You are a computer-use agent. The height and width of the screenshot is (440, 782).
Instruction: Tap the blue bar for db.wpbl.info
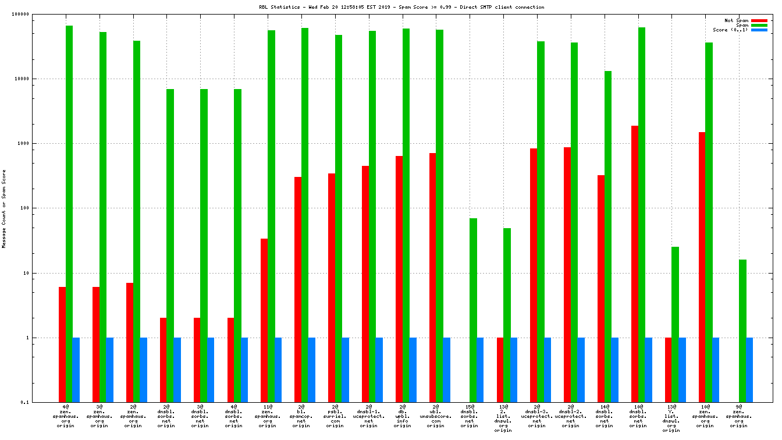pyautogui.click(x=413, y=370)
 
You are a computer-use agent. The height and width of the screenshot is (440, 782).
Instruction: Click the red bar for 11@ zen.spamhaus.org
pyautogui.click(x=264, y=320)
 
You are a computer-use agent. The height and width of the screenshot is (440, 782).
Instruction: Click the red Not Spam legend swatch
pyautogui.click(x=759, y=20)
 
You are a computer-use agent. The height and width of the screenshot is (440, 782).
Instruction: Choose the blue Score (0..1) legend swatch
pyautogui.click(x=759, y=30)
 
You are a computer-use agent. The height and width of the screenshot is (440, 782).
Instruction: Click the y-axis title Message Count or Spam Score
pyautogui.click(x=4, y=209)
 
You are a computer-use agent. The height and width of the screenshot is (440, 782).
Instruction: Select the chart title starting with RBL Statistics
pyautogui.click(x=401, y=7)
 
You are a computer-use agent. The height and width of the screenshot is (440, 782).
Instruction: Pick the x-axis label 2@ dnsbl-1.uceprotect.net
pyautogui.click(x=368, y=416)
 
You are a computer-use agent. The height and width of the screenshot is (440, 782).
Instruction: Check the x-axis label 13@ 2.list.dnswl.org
pyautogui.click(x=503, y=418)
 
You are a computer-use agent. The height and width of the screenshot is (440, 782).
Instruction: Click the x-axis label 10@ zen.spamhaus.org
pyautogui.click(x=705, y=416)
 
